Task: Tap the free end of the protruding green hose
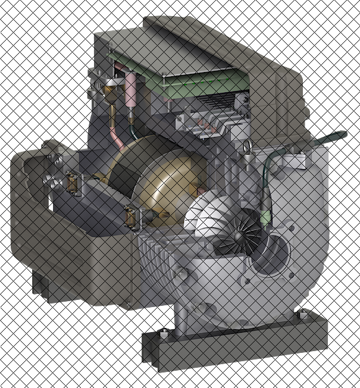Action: (343, 134)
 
